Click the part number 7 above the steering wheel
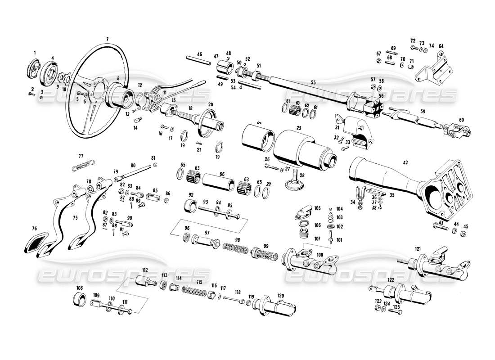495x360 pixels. coord(107,39)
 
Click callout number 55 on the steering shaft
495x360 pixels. coord(314,82)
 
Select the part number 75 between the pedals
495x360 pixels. coord(75,217)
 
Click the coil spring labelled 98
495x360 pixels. coord(237,248)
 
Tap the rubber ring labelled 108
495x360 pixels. coord(80,298)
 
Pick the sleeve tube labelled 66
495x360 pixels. coord(218,184)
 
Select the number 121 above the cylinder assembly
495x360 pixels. coord(418,248)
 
